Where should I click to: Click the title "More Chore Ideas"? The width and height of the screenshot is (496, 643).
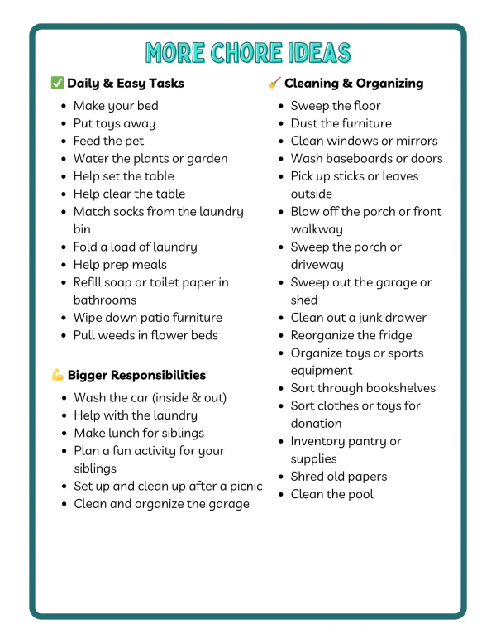pyautogui.click(x=248, y=52)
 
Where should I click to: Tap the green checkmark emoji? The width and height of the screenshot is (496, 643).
pyautogui.click(x=57, y=83)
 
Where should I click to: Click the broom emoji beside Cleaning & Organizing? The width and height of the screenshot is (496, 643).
pyautogui.click(x=274, y=83)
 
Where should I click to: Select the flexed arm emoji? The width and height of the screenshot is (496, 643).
pyautogui.click(x=58, y=375)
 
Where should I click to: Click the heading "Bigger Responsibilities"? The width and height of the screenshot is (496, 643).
pyautogui.click(x=136, y=375)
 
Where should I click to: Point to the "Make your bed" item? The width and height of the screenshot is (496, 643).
pyautogui.click(x=116, y=106)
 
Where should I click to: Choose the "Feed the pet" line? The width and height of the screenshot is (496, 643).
pyautogui.click(x=108, y=141)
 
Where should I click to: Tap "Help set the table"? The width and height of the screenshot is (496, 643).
pyautogui.click(x=123, y=176)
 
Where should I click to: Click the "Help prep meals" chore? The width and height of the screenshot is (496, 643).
pyautogui.click(x=120, y=265)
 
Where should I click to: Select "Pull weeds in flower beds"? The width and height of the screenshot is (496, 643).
pyautogui.click(x=145, y=335)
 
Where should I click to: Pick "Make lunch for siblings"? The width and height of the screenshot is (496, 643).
pyautogui.click(x=139, y=433)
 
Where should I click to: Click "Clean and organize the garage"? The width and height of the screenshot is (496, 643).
pyautogui.click(x=161, y=504)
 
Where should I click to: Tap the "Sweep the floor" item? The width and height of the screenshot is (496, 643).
pyautogui.click(x=336, y=106)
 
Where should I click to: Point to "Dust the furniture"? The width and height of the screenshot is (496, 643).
pyautogui.click(x=341, y=123)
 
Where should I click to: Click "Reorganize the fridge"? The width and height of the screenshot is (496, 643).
pyautogui.click(x=351, y=335)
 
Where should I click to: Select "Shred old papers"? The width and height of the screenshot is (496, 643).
pyautogui.click(x=339, y=477)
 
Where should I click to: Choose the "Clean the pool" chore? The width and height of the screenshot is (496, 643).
pyautogui.click(x=332, y=494)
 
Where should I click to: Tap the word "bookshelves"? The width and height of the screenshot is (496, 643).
pyautogui.click(x=398, y=388)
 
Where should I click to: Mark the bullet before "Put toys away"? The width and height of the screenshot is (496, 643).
pyautogui.click(x=64, y=124)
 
